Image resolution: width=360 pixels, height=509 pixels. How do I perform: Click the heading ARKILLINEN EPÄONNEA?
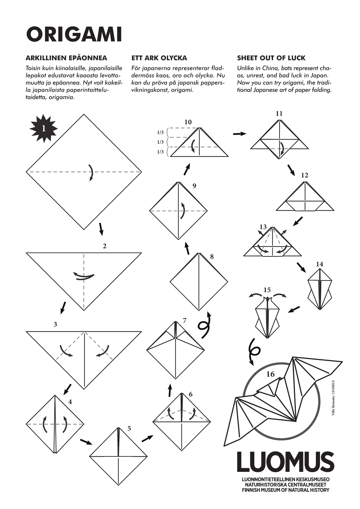click(x=66, y=58)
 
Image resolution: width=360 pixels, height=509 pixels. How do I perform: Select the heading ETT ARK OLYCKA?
click(x=159, y=58)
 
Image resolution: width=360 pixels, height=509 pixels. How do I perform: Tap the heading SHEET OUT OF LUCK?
click(x=271, y=58)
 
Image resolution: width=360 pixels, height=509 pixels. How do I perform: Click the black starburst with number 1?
click(x=44, y=128)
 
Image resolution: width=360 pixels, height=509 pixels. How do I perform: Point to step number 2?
click(x=105, y=246)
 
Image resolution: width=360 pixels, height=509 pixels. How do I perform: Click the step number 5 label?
click(x=129, y=428)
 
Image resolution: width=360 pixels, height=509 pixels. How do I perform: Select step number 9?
click(x=194, y=186)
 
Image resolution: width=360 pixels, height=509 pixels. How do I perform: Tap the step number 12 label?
click(x=305, y=175)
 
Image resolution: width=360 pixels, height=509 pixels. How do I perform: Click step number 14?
click(x=319, y=264)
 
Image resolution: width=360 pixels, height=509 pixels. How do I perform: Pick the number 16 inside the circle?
click(x=270, y=374)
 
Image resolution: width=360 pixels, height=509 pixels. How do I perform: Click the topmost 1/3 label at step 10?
click(x=160, y=133)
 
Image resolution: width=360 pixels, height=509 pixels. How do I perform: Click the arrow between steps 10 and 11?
click(x=240, y=134)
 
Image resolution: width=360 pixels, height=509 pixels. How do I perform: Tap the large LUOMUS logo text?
click(x=285, y=461)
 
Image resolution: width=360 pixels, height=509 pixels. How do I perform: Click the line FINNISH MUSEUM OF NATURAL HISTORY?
click(x=286, y=490)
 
